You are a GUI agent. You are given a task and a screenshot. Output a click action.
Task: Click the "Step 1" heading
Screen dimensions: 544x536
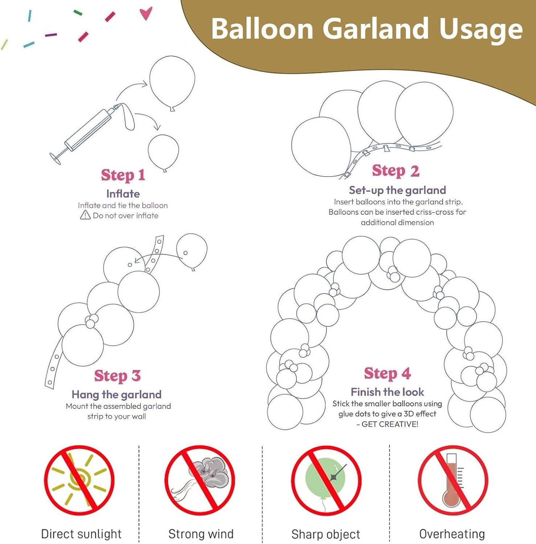click(123, 175)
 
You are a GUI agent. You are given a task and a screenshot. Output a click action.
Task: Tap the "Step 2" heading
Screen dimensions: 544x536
click(396, 170)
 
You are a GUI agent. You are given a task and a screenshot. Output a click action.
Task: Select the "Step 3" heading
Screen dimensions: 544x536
click(117, 376)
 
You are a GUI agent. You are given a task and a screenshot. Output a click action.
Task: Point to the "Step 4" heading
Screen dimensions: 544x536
click(387, 373)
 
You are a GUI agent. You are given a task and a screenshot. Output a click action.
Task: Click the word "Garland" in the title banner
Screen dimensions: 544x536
click(375, 29)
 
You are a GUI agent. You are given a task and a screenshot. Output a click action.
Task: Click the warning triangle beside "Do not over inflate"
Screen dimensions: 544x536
click(85, 215)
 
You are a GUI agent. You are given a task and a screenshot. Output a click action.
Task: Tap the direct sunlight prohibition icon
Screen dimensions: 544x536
click(79, 480)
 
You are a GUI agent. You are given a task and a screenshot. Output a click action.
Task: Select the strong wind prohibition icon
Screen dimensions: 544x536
click(200, 480)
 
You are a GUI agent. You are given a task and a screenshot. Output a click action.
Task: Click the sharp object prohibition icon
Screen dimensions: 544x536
click(326, 480)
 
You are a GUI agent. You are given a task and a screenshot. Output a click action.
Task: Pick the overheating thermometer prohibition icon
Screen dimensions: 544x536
click(453, 480)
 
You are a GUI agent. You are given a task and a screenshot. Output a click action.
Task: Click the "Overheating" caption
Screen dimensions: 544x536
click(452, 534)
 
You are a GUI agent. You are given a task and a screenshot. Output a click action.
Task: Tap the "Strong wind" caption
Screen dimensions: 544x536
click(201, 534)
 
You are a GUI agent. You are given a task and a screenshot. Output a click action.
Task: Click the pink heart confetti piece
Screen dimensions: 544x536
click(146, 13)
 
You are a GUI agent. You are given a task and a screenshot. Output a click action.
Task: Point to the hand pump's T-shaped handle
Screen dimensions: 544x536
click(56, 158)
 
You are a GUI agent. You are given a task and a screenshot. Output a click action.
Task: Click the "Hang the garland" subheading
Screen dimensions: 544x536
click(116, 394)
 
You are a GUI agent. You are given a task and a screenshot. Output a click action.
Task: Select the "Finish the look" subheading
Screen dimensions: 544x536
click(387, 392)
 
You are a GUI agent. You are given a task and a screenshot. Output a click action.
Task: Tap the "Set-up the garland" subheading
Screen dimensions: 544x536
click(397, 190)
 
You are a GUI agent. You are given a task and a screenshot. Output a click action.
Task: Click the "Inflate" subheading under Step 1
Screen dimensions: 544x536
click(123, 194)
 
